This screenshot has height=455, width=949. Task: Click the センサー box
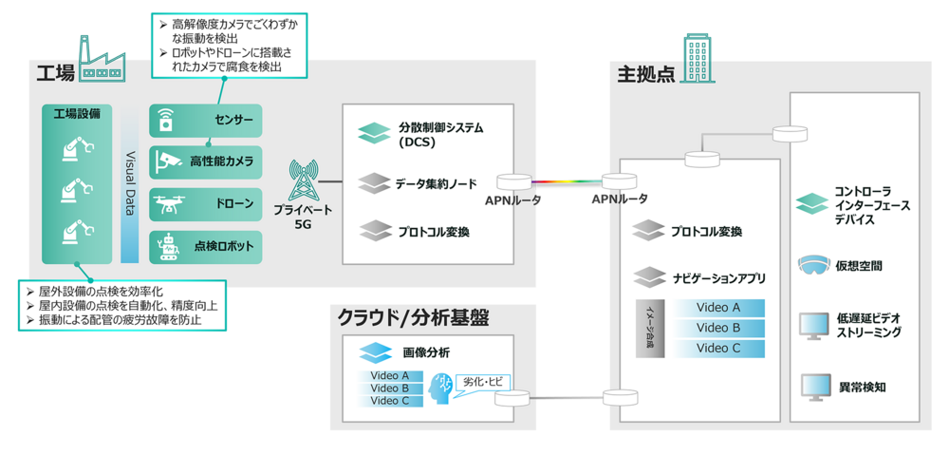coord(205,121)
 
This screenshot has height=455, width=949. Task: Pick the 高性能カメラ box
coord(205,162)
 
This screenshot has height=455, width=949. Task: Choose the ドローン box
coord(205,203)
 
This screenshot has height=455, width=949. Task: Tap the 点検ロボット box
coord(205,245)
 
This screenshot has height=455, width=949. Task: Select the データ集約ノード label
coord(436,183)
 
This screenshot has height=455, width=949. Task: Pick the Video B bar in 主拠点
coord(718,328)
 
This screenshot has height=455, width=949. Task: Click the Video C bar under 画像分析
coord(390,401)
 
